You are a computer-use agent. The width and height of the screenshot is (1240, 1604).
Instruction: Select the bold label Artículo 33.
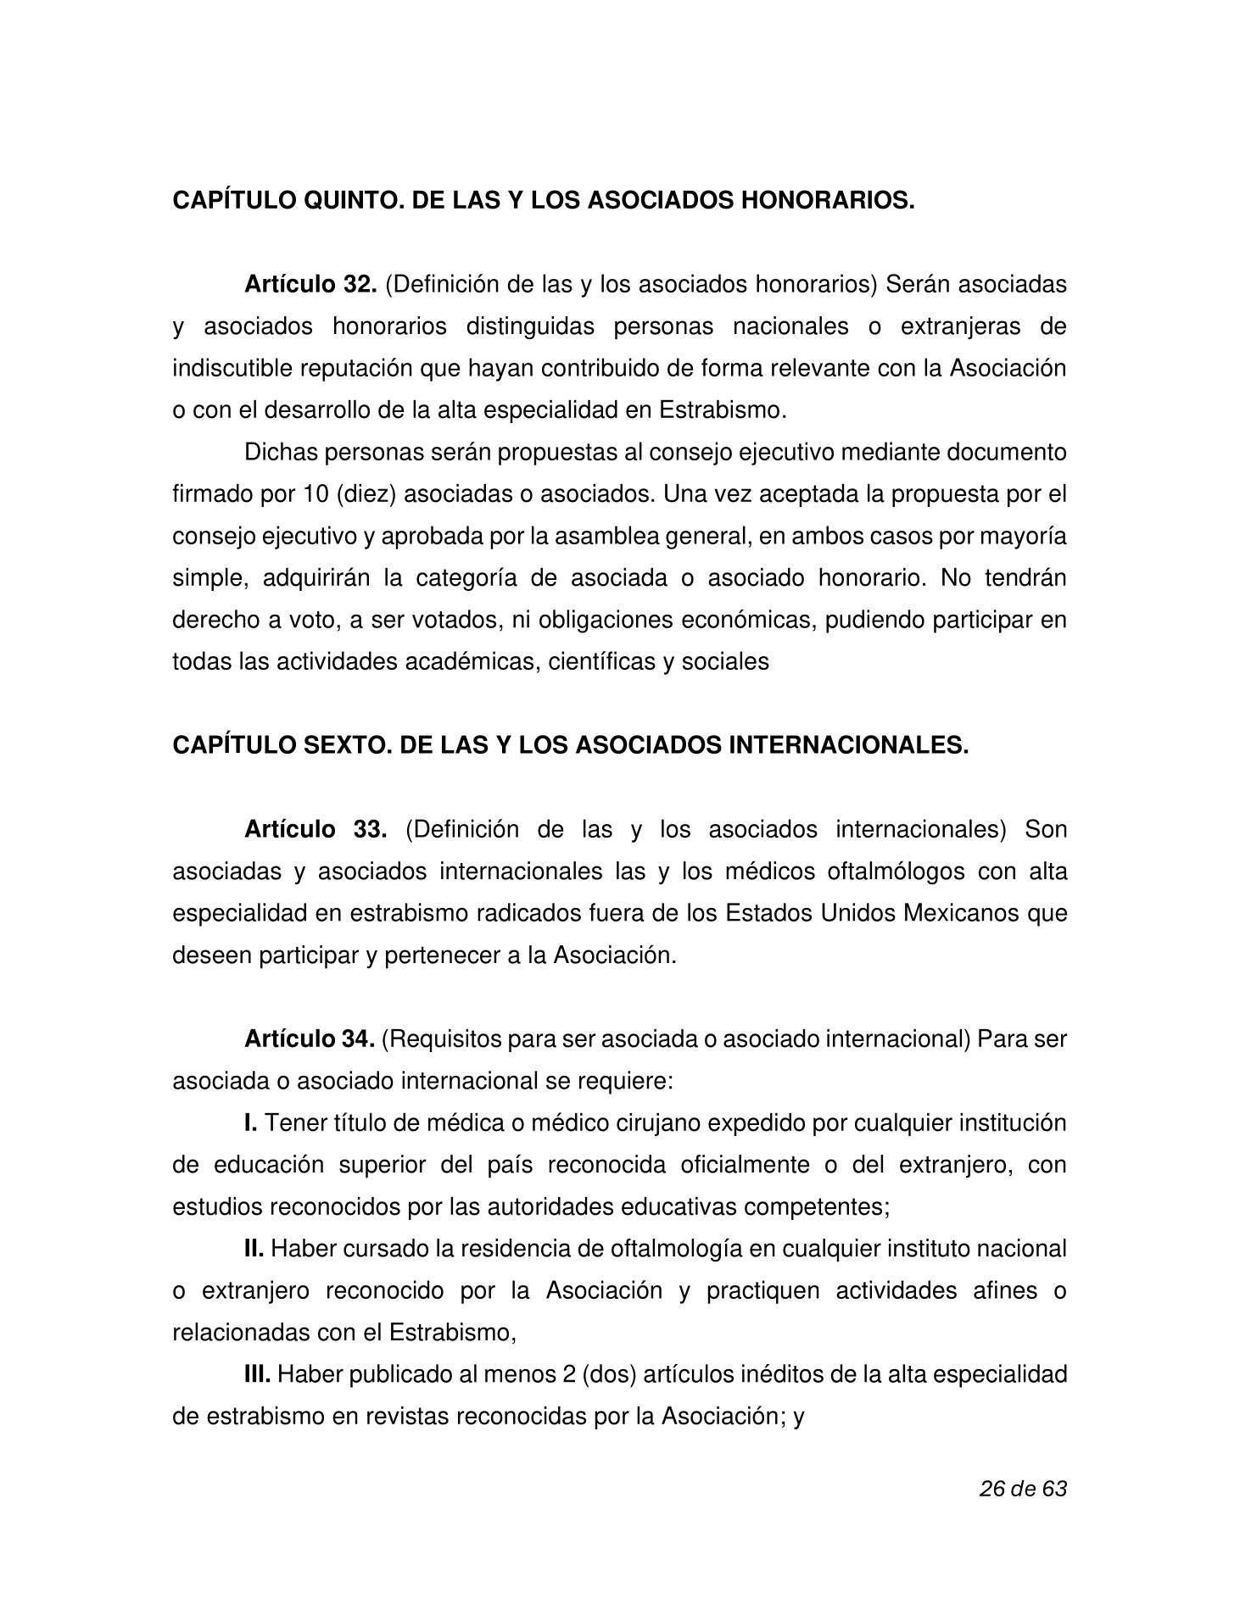pos(316,829)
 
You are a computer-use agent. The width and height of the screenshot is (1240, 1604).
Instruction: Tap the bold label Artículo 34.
pos(310,1039)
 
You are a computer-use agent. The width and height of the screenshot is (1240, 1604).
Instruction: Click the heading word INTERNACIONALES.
pos(849,745)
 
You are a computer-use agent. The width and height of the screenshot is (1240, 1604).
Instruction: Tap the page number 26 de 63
pos(1022,1489)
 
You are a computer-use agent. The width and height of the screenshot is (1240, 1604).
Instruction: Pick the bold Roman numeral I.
pos(250,1123)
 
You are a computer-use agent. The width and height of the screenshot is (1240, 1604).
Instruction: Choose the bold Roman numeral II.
pos(254,1249)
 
